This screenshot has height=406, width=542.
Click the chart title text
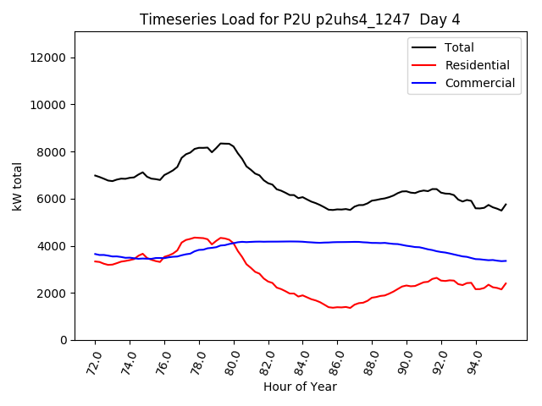301,19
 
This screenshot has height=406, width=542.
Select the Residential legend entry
477,65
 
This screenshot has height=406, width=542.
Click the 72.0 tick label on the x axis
94,362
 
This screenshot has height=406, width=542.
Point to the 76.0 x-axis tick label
163,362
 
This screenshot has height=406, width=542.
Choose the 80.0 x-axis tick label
233,362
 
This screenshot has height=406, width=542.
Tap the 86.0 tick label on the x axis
336,362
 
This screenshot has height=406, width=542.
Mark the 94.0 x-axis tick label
475,362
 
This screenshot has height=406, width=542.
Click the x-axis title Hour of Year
301,387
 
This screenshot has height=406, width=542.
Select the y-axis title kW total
18,186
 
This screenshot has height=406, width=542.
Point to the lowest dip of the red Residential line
332,307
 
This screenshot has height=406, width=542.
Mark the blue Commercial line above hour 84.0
302,242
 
